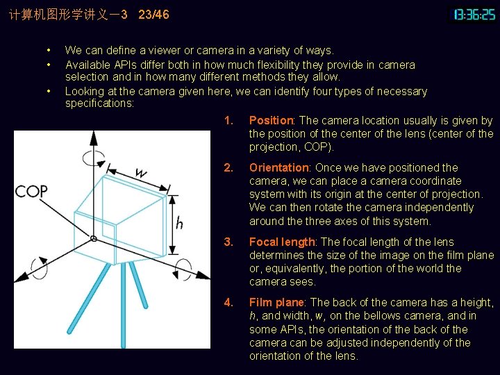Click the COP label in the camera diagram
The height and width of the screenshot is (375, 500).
pos(31,191)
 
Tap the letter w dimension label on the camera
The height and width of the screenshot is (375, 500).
pos(141,172)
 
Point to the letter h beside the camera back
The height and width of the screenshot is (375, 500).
pos(179,223)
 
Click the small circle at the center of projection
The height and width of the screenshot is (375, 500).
pos(94,238)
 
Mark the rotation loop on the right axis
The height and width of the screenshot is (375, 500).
pos(185,267)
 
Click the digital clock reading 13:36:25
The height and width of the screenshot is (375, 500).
pos(474,14)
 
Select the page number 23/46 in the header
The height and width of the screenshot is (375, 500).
pos(153,14)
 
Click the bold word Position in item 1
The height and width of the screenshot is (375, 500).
pos(272,121)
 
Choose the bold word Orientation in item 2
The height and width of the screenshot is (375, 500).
pos(278,167)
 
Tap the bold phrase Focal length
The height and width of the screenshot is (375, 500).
pos(282,242)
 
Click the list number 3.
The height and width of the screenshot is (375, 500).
pos(228,242)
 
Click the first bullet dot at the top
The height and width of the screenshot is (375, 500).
pos(48,51)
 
